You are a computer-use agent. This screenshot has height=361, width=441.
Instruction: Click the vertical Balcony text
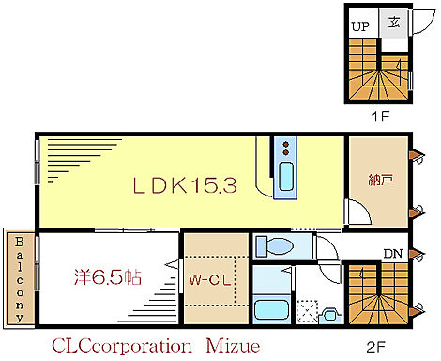tap(19, 277)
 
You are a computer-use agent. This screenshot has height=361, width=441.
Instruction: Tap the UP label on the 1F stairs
tap(360, 26)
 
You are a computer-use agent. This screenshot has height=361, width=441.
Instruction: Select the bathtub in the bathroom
tap(273, 308)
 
